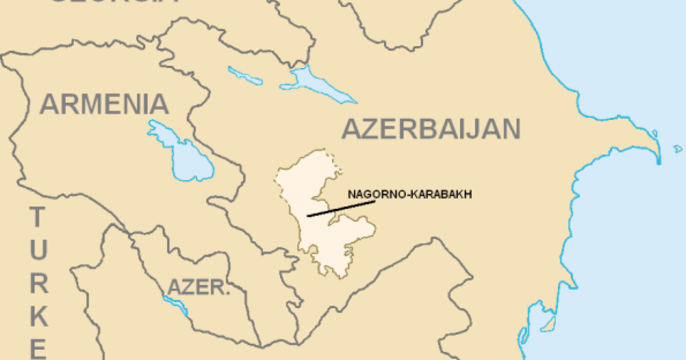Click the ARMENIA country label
click(104, 105)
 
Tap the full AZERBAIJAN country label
click(431, 130)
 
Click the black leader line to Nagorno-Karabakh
click(341, 209)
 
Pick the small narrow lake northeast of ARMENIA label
click(245, 77)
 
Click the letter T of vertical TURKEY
click(38, 217)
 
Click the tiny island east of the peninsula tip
click(678, 149)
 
